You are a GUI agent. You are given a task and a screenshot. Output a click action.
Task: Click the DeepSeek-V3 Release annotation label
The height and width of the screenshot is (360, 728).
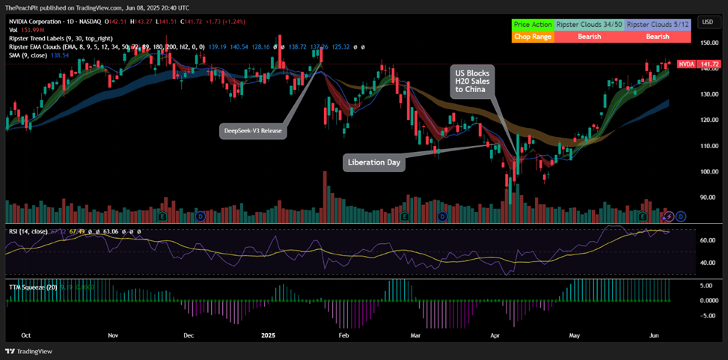coord(253,131)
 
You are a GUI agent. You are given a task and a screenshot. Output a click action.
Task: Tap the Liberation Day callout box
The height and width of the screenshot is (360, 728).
coord(374,162)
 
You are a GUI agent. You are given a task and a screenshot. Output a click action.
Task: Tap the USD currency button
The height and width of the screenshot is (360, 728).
coord(707,22)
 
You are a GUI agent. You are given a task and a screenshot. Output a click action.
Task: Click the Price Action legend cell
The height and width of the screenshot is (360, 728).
coord(533,25)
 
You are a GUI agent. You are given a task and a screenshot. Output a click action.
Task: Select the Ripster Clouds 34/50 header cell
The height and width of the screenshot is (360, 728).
coord(589,25)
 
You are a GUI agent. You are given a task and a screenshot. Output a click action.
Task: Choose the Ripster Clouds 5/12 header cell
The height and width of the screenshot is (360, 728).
coord(658,25)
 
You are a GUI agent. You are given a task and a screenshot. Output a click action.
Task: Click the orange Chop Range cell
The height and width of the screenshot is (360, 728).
coord(533,36)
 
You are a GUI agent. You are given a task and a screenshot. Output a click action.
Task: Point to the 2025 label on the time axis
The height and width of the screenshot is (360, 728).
coord(269,336)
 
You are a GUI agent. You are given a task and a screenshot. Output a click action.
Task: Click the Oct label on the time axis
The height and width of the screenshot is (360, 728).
coord(26,336)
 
